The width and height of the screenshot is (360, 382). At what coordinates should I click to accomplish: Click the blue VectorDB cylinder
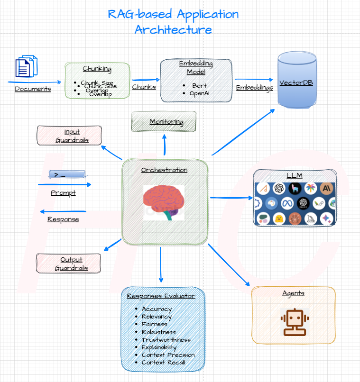[x=296, y=82]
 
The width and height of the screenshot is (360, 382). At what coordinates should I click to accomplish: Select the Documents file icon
[x=27, y=67]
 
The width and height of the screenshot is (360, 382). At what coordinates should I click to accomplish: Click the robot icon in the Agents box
[x=293, y=321]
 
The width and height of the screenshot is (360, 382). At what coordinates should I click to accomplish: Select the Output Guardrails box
[x=68, y=264]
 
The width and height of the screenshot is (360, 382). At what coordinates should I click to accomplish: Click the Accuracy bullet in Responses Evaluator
[x=157, y=309]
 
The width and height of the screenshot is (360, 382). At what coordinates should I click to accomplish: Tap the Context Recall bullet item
[x=163, y=363]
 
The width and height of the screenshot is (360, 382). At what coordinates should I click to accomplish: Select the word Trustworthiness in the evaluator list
[x=166, y=340]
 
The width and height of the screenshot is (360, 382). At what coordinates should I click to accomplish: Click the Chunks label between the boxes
[x=144, y=87]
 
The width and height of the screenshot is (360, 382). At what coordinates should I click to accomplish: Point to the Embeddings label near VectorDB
[x=254, y=88]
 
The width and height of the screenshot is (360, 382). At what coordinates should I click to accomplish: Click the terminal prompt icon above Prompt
[x=67, y=175]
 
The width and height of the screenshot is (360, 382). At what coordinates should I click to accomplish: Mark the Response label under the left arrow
[x=63, y=219]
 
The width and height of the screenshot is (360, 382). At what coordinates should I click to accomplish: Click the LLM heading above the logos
[x=295, y=176]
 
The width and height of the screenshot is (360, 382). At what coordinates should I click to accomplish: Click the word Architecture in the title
[x=173, y=29]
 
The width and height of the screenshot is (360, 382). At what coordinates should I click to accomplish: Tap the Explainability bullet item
[x=159, y=347]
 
